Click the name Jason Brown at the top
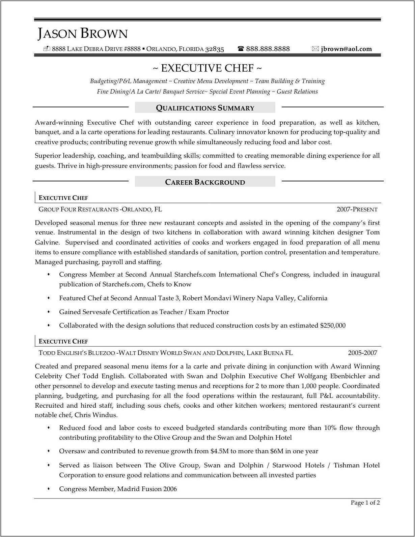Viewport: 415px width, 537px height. pos(83,34)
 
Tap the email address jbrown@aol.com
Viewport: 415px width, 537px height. pos(346,49)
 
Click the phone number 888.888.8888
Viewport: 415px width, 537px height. pos(268,49)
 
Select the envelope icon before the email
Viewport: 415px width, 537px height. pos(315,49)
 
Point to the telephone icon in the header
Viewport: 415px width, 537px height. pos(241,49)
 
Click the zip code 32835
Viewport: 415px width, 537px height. pos(215,49)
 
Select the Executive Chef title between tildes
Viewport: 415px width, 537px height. pos(207,68)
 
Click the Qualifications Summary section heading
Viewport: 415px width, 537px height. pos(205,108)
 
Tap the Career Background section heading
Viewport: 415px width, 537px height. pos(205,182)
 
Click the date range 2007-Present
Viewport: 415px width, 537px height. pos(357,209)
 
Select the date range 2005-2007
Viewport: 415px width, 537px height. pos(362,353)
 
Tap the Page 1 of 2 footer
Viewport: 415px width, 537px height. pos(365,503)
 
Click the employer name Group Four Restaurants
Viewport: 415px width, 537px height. pos(78,209)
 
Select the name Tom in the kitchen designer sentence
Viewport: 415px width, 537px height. pos(373,232)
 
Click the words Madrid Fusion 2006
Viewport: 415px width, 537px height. pos(147,489)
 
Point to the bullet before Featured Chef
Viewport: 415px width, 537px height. pos(49,298)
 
